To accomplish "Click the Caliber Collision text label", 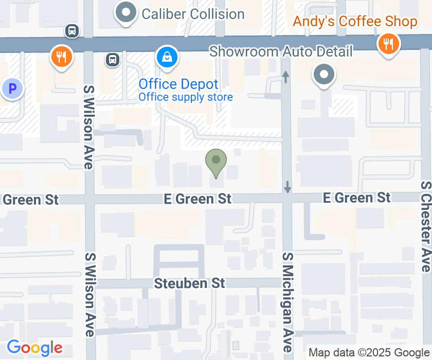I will tap(193, 14).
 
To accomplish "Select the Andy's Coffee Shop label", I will tap(355, 22).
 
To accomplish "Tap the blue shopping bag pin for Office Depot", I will tap(167, 57).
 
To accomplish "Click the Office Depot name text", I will tap(178, 84).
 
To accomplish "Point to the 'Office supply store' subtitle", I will tap(186, 97).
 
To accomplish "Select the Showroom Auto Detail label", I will tap(281, 51).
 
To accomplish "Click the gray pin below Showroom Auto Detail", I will tap(324, 75).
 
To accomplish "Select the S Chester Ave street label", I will tap(425, 226).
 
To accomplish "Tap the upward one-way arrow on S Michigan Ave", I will tap(286, 77).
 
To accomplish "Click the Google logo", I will tap(35, 348).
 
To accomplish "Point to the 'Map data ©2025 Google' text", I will tap(369, 353).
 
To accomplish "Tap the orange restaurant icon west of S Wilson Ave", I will tap(61, 56).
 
